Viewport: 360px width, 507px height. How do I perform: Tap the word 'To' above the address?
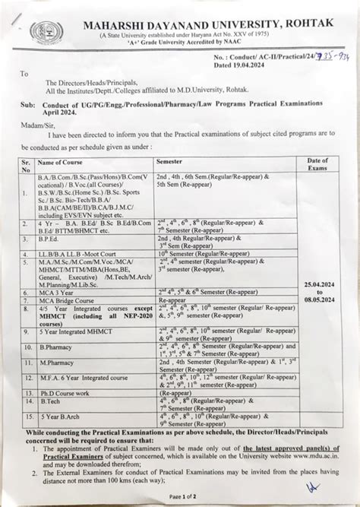click(x=24, y=74)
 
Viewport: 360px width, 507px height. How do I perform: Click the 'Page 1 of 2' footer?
click(x=182, y=496)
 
